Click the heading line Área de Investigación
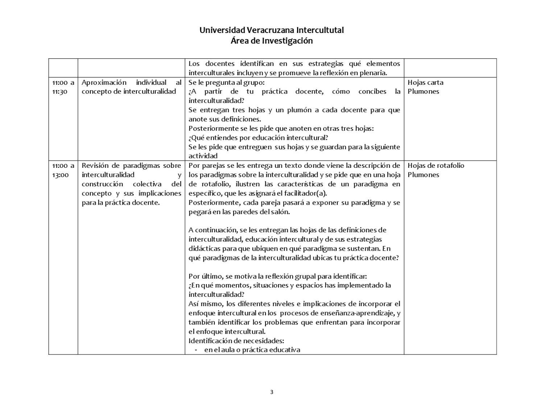272,41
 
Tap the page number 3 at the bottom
272,392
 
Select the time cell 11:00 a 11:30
63,87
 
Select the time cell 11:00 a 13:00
63,170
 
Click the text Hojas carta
425,83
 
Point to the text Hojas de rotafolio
436,166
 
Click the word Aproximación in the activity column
104,83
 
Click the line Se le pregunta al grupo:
226,83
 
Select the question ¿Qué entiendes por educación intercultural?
258,138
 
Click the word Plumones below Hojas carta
423,92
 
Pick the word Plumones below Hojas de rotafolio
423,175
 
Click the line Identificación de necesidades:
236,341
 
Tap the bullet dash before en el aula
196,350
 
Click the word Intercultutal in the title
320,30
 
